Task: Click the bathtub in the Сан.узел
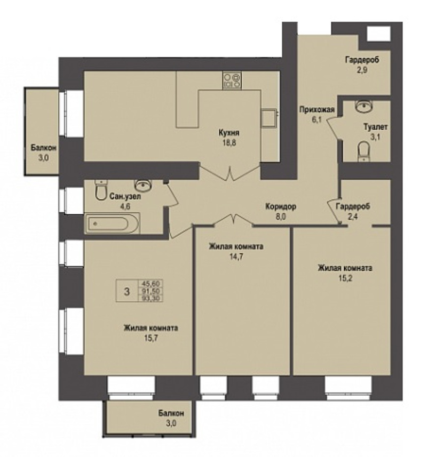point(112,223)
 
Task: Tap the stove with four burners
point(232,80)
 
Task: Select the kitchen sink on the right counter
point(269,118)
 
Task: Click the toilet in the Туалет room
point(363,151)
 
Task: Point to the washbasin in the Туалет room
point(363,106)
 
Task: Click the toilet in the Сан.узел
point(101,189)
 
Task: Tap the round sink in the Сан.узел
point(143,185)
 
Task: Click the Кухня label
point(228,133)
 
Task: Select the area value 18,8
point(229,143)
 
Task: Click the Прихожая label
point(317,110)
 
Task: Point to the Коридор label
point(281,207)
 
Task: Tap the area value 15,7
point(151,339)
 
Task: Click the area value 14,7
point(236,257)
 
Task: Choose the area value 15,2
point(345,278)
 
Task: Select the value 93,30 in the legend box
point(152,299)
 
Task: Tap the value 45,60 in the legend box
point(152,283)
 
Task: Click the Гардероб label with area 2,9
point(362,60)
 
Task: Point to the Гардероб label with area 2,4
point(353,207)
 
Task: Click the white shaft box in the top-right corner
point(378,33)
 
